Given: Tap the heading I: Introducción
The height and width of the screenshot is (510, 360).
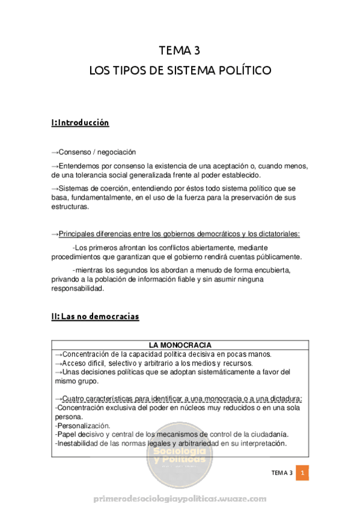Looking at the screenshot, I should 80,123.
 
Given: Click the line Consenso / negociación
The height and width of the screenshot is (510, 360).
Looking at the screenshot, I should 97,152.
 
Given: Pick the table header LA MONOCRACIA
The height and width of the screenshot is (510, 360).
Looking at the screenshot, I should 180,345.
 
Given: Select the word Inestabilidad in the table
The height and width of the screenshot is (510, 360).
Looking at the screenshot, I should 76,443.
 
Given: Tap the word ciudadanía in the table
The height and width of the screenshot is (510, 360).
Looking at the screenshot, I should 267,434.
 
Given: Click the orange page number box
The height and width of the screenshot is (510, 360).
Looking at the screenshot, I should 303,473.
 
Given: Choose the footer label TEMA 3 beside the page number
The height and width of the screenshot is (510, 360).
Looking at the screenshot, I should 281,473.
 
